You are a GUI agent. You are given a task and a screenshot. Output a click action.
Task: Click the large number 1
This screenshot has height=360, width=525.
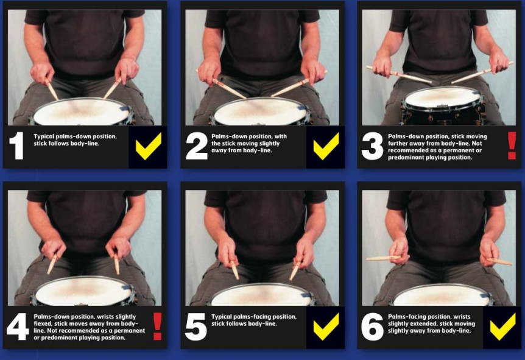tap(17, 147)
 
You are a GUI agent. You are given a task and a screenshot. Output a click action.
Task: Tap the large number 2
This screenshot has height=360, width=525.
tap(196, 147)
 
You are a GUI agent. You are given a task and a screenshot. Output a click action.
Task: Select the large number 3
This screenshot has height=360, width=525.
tap(372, 147)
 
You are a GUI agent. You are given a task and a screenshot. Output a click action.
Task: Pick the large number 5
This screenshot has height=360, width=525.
tap(196, 328)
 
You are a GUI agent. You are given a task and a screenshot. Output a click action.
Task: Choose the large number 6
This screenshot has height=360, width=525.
tap(372, 328)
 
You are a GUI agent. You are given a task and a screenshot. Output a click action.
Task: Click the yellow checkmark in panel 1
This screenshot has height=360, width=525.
tap(148, 146)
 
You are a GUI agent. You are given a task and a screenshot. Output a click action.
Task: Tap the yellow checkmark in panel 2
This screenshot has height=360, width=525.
tap(326, 146)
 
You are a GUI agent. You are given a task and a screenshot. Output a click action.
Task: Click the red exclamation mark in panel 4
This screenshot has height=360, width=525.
tap(157, 326)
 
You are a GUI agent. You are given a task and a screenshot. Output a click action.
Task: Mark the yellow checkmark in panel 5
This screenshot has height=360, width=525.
tap(326, 326)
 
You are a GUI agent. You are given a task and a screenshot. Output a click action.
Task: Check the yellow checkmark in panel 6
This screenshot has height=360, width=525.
tap(502, 326)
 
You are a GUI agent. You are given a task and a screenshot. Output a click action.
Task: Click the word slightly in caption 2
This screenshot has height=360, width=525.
tap(258, 143)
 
